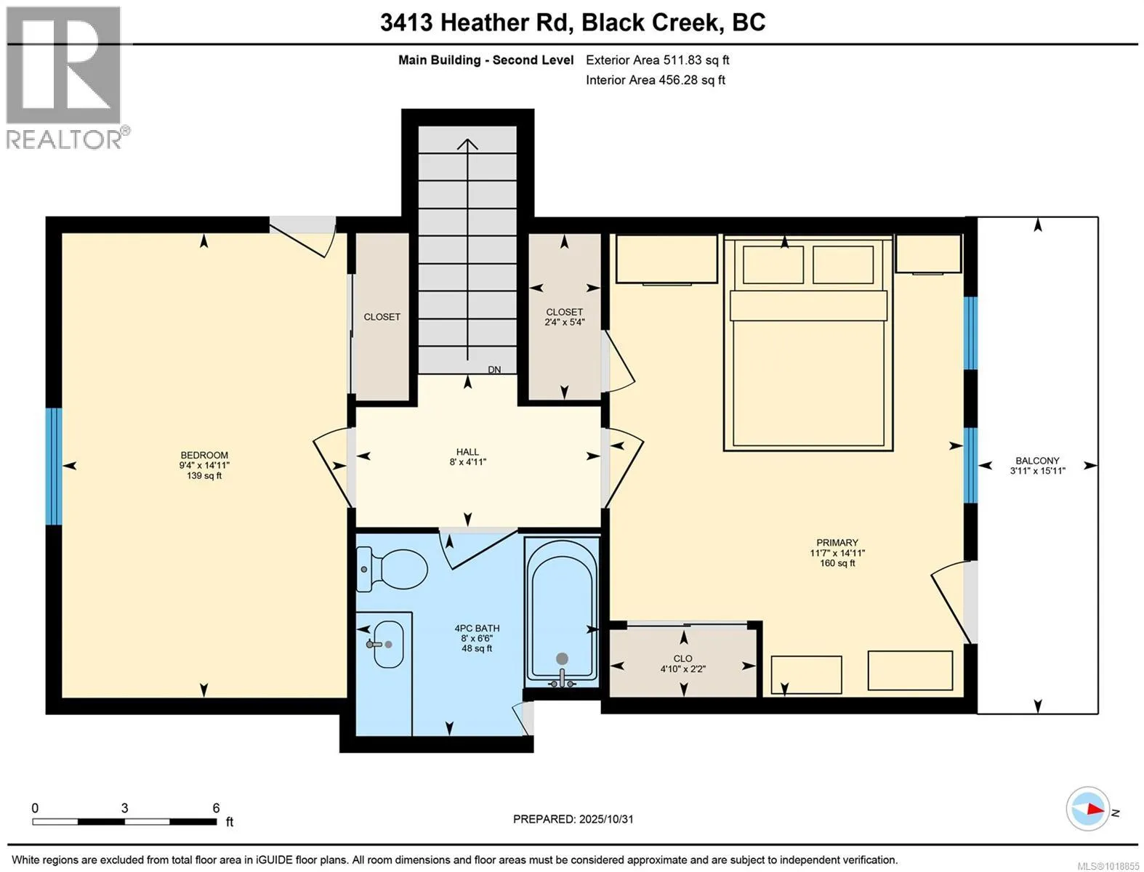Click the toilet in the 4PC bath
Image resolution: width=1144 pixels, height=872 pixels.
pyautogui.click(x=392, y=570)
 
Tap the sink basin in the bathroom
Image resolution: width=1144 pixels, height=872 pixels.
pyautogui.click(x=389, y=644)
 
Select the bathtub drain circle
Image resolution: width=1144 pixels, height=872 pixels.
pyautogui.click(x=561, y=658)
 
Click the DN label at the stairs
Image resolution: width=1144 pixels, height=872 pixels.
pyautogui.click(x=494, y=370)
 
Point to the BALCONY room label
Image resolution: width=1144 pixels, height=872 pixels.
pyautogui.click(x=1037, y=461)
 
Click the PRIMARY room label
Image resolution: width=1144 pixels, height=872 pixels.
pyautogui.click(x=837, y=542)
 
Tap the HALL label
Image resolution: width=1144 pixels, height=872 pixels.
pyautogui.click(x=467, y=452)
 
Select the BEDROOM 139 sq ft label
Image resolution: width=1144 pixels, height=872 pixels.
pyautogui.click(x=204, y=465)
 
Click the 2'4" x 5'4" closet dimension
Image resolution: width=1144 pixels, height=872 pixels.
pyautogui.click(x=565, y=322)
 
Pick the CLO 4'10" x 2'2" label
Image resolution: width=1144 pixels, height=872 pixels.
pyautogui.click(x=682, y=663)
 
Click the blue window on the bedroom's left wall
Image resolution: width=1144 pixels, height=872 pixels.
pyautogui.click(x=54, y=467)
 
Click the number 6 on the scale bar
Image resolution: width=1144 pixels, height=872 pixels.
pyautogui.click(x=216, y=808)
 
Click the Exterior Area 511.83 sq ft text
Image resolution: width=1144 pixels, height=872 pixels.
pyautogui.click(x=657, y=60)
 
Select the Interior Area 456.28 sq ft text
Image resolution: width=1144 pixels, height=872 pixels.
pyautogui.click(x=656, y=80)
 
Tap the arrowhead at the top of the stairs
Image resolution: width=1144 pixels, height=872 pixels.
pyautogui.click(x=467, y=144)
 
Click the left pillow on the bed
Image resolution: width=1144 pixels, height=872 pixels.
pyautogui.click(x=773, y=264)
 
